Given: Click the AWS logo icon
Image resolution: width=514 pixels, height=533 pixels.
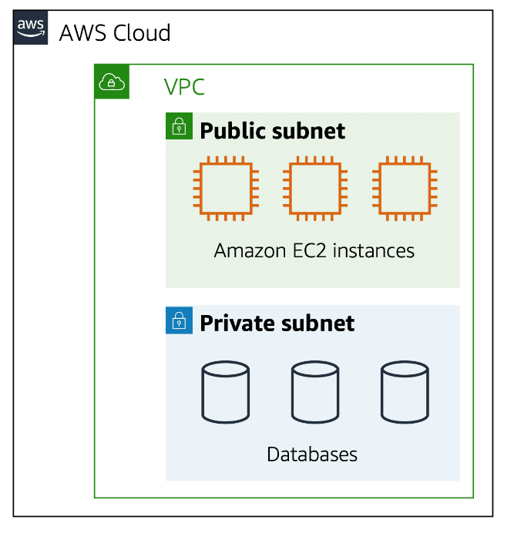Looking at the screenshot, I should point(31,28).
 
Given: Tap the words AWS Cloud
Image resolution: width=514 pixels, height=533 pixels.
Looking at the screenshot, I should point(115,33).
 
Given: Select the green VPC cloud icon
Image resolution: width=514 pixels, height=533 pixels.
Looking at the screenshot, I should point(112,82).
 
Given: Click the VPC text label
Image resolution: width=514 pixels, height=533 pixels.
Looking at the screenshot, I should point(184,87).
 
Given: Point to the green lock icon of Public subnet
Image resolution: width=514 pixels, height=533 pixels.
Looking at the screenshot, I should point(179,126).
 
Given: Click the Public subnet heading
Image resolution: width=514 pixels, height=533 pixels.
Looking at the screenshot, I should point(273,130).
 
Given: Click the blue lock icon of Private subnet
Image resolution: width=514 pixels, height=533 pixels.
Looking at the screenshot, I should point(179,320).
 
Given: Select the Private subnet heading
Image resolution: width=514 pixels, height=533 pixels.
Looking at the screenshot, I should point(277,323).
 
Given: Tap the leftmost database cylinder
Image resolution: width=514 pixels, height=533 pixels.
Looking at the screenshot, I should point(225,392).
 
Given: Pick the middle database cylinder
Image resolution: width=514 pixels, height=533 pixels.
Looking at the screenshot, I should point(314,392).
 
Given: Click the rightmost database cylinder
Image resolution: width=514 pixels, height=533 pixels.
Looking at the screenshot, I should point(404,392).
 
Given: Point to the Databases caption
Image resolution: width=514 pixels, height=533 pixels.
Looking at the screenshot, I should point(312,454).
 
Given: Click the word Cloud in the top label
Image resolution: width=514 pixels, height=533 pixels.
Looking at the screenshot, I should point(142,33).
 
